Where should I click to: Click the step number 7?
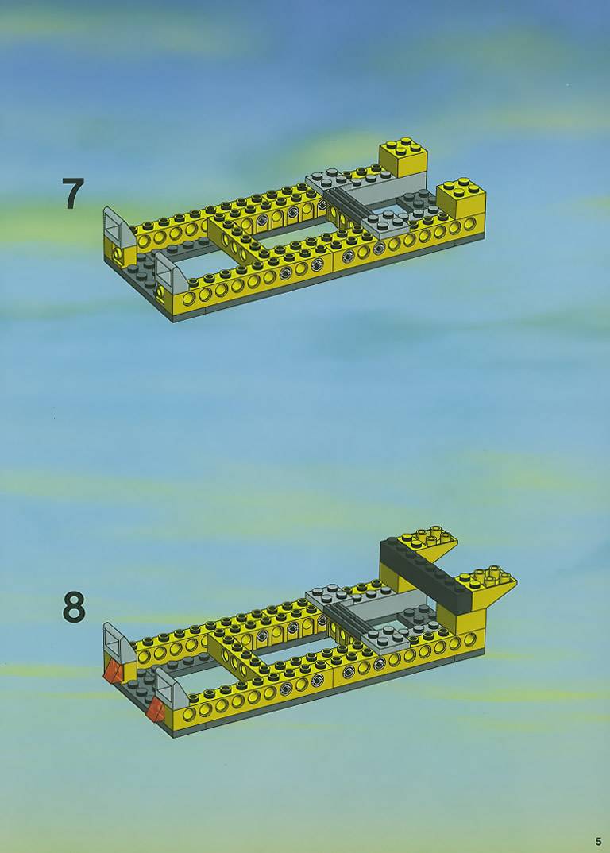click(72, 194)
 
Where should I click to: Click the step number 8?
click(74, 608)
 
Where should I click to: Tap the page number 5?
click(599, 842)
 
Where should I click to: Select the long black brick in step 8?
click(424, 574)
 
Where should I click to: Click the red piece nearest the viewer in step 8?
click(155, 710)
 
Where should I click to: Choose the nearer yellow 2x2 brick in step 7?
click(461, 199)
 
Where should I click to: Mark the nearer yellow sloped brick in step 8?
click(486, 585)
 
